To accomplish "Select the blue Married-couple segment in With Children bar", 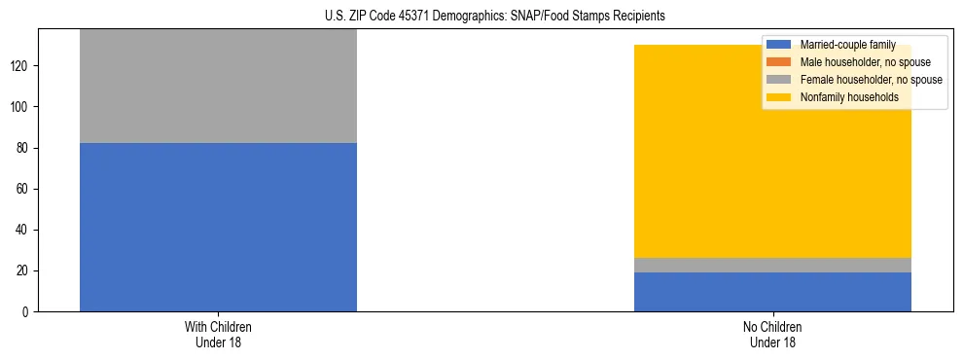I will [x=218, y=227].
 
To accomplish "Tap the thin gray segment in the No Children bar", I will [x=772, y=265].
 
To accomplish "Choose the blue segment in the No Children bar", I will [x=772, y=292].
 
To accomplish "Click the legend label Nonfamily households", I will [x=849, y=97].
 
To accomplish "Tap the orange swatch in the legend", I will [x=779, y=62].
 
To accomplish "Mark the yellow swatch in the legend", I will [x=779, y=97].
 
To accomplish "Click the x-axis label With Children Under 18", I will [x=218, y=334].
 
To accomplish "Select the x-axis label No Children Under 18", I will [x=772, y=334].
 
